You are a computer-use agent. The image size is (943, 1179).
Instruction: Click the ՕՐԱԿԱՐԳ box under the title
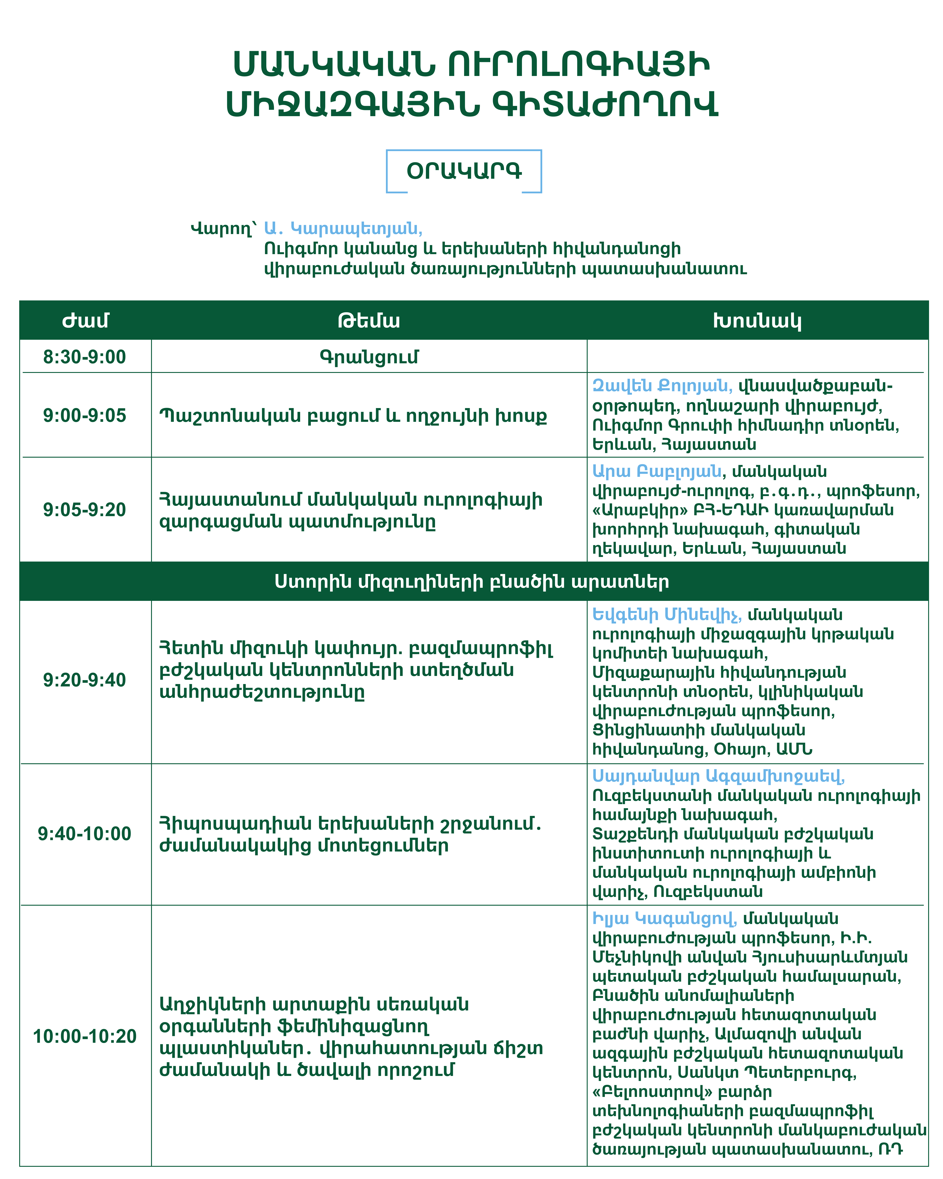point(464,171)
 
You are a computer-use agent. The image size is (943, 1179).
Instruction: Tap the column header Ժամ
point(85,321)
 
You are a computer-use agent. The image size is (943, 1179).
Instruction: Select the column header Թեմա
point(369,321)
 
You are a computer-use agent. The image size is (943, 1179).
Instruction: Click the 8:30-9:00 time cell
point(85,357)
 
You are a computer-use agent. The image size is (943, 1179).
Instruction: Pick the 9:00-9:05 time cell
point(85,416)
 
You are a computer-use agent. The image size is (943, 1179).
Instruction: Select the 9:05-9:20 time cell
point(85,510)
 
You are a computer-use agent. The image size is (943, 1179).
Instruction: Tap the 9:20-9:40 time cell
point(85,680)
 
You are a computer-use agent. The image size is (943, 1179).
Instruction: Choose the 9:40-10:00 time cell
point(85,834)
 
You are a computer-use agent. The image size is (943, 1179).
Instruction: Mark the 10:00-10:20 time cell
point(85,1036)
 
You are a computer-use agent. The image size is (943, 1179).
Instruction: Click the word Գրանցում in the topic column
point(369,357)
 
